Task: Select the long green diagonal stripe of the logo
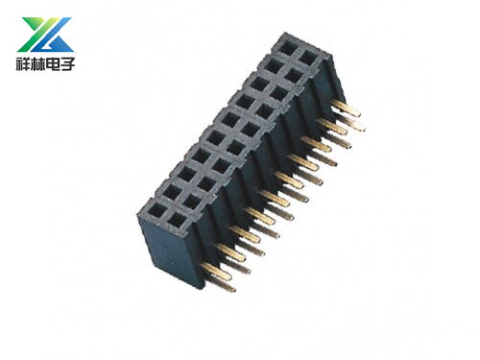pos(39,35)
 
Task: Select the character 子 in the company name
pos(67,63)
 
